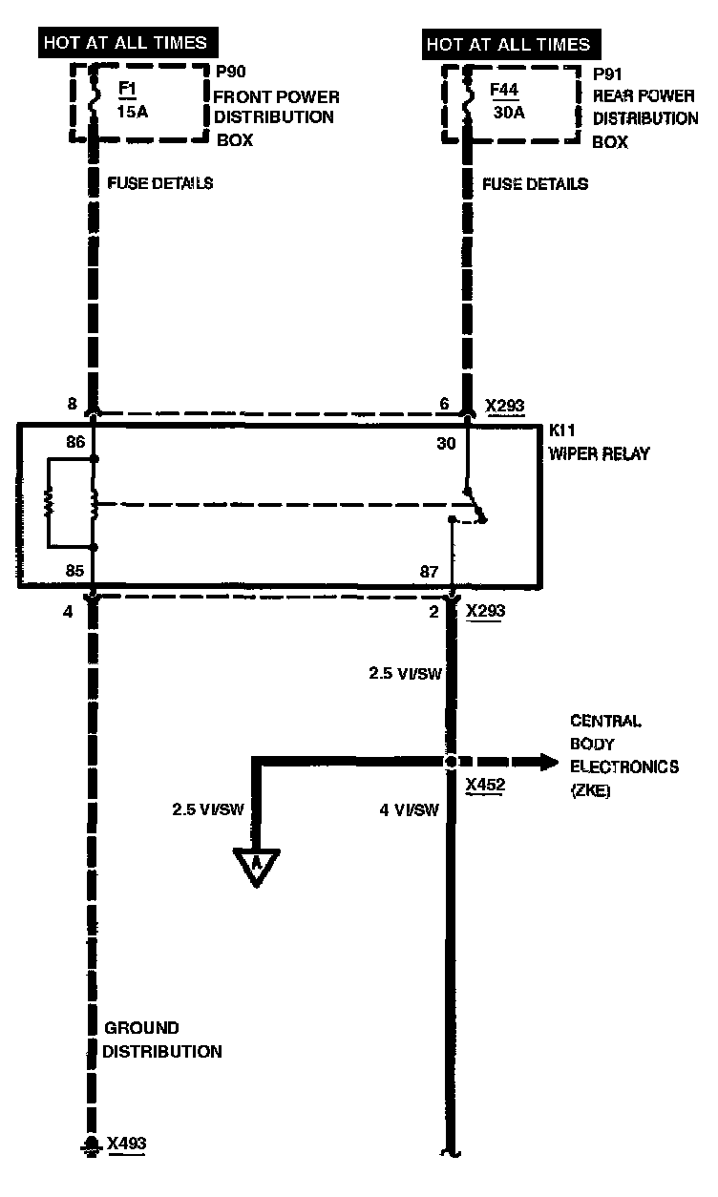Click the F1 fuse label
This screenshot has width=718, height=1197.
coord(127,88)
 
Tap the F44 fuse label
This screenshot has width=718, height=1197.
coord(504,89)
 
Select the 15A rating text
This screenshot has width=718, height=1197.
coord(132,112)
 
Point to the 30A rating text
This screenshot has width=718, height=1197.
coord(509,113)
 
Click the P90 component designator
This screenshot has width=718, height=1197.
coord(231,72)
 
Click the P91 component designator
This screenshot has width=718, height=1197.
coord(607,73)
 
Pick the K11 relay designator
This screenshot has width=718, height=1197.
coord(561,430)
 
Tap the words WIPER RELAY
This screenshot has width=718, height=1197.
coord(600,453)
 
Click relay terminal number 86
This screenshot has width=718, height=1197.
coord(75,442)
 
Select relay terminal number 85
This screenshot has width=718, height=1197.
coord(74,571)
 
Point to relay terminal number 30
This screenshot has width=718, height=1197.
coord(446,443)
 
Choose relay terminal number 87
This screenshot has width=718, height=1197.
coord(429,572)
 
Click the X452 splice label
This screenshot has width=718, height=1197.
coord(485,785)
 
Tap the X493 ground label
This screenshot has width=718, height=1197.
coord(126,1143)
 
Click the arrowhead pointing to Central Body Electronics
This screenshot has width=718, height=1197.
coord(549,762)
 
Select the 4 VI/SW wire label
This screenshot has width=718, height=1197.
coord(409,810)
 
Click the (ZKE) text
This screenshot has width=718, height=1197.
coord(591,790)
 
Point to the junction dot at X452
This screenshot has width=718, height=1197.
coord(451,762)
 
